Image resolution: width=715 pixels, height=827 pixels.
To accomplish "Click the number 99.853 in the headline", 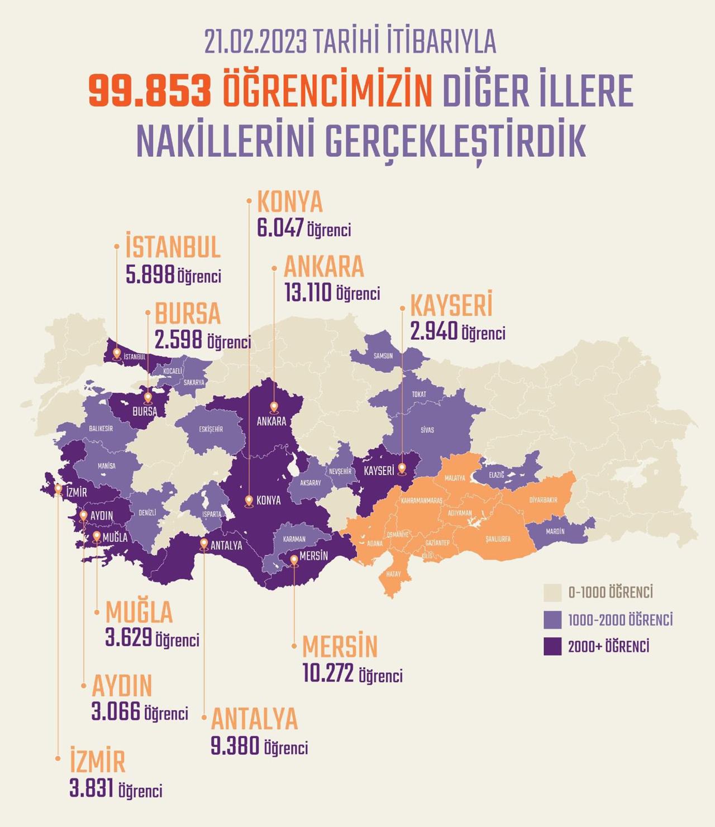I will point(150,92).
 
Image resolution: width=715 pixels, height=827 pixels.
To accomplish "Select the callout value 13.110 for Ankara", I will point(308,292).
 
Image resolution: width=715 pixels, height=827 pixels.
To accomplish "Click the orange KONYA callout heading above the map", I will point(289,202).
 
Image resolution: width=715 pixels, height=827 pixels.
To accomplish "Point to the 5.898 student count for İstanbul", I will point(150,275).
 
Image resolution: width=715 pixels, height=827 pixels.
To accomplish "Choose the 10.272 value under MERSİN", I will point(328,674).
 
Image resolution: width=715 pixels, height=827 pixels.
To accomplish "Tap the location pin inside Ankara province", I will point(274,407).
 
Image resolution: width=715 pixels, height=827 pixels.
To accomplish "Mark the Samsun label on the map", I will point(383,355).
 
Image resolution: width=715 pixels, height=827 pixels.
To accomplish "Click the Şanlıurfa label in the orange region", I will point(498,539).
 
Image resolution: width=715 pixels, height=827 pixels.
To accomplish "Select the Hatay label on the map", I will point(393,574).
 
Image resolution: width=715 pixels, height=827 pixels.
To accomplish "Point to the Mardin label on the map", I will point(555,531).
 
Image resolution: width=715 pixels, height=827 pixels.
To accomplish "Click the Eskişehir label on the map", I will point(211,429).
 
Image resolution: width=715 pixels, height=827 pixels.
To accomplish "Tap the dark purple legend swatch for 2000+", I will point(552,646).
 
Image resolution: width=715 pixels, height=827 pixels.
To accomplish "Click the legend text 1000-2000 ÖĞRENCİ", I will point(620,619).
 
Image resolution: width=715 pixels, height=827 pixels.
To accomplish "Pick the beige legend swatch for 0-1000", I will point(552,593).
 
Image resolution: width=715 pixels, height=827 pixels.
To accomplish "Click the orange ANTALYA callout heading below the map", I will point(254,719).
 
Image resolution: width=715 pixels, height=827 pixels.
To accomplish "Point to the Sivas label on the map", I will point(427,430).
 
